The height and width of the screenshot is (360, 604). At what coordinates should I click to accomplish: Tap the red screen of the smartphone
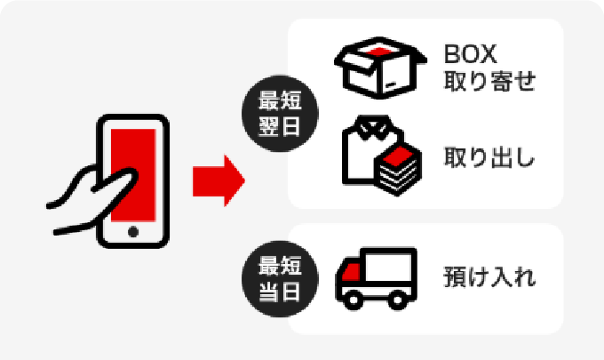[133, 169]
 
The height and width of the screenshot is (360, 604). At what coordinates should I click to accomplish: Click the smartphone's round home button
[133, 231]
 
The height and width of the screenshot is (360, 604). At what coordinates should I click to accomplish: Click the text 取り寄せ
[489, 84]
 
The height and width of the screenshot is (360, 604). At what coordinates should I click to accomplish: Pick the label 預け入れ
[489, 277]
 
